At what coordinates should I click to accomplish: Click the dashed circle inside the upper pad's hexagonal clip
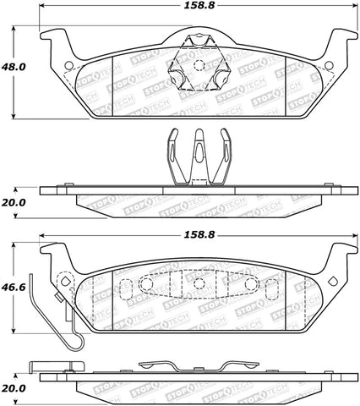pyautogui.click(x=196, y=65)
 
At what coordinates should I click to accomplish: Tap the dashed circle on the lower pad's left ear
pyautogui.click(x=63, y=280)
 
